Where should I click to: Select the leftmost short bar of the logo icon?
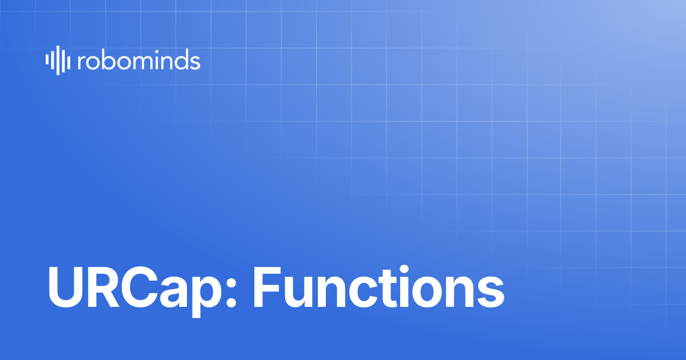47,61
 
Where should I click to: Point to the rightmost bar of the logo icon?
69,62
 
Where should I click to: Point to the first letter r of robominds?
80,62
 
